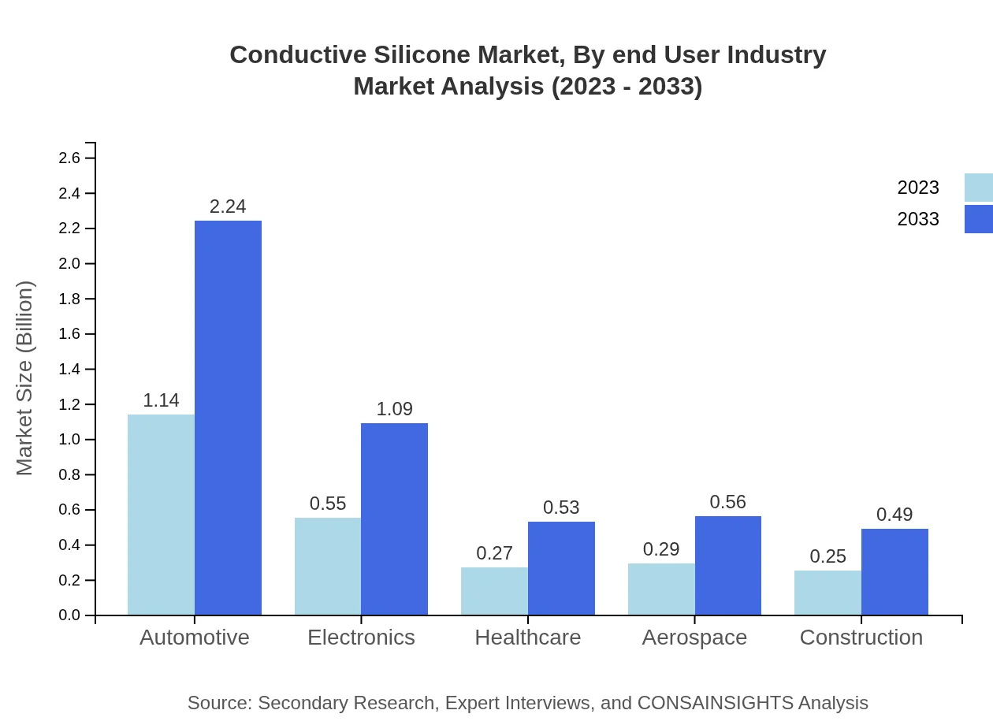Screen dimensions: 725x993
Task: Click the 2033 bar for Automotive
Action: click(228, 418)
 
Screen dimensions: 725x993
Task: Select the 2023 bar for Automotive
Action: click(161, 515)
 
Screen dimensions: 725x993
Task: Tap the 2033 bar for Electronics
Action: click(394, 519)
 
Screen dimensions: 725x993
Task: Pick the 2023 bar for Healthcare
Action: click(494, 591)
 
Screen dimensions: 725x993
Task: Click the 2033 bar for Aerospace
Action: click(727, 565)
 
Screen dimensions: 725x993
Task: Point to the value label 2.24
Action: click(228, 206)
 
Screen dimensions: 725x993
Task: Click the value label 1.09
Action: click(394, 409)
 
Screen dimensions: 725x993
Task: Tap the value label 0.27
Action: click(494, 553)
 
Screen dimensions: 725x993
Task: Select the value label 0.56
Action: click(727, 502)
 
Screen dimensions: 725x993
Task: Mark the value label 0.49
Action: click(894, 515)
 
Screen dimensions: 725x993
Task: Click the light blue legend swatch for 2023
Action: click(978, 188)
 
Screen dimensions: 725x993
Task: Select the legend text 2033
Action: click(918, 219)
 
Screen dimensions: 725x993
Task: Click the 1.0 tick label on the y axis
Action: click(70, 440)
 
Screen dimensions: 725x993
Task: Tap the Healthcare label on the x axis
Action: click(528, 637)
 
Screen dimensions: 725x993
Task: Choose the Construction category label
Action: click(861, 637)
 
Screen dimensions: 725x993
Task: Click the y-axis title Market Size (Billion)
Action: click(25, 378)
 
